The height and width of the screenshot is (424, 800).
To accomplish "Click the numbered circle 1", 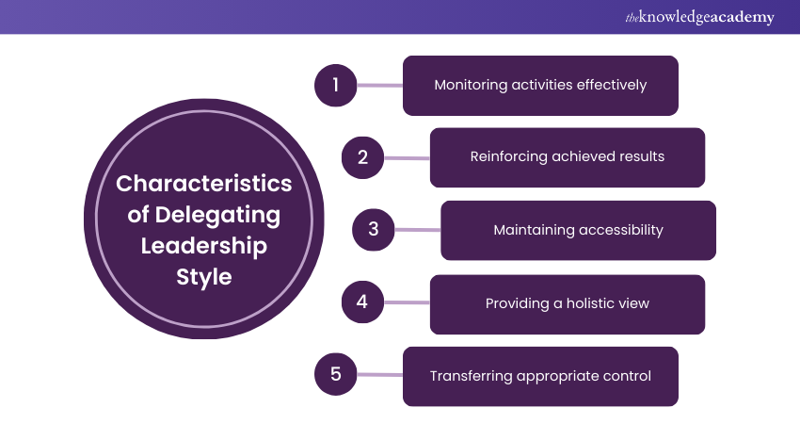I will pyautogui.click(x=336, y=85).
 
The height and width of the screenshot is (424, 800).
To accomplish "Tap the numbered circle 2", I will pyautogui.click(x=363, y=157).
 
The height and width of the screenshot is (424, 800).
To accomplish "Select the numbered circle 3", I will pyautogui.click(x=374, y=229).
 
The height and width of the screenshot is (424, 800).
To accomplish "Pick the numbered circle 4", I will pyautogui.click(x=363, y=302).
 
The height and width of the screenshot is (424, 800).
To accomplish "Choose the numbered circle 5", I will pyautogui.click(x=336, y=375).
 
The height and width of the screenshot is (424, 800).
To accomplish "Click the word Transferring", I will pyautogui.click(x=471, y=376).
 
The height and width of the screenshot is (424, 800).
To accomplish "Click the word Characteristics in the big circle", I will pyautogui.click(x=204, y=183).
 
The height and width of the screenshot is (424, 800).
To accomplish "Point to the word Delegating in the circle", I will pyautogui.click(x=218, y=215).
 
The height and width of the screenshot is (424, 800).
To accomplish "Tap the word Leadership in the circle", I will pyautogui.click(x=204, y=246).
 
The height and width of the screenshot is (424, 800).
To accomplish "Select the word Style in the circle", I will pyautogui.click(x=204, y=278).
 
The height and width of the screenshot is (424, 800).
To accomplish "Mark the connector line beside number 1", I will pyautogui.click(x=380, y=85).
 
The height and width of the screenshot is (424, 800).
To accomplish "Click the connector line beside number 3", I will pyautogui.click(x=418, y=229).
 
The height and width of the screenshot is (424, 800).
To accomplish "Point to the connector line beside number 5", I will pyautogui.click(x=380, y=375).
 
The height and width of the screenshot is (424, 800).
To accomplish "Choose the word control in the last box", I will pyautogui.click(x=626, y=376).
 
